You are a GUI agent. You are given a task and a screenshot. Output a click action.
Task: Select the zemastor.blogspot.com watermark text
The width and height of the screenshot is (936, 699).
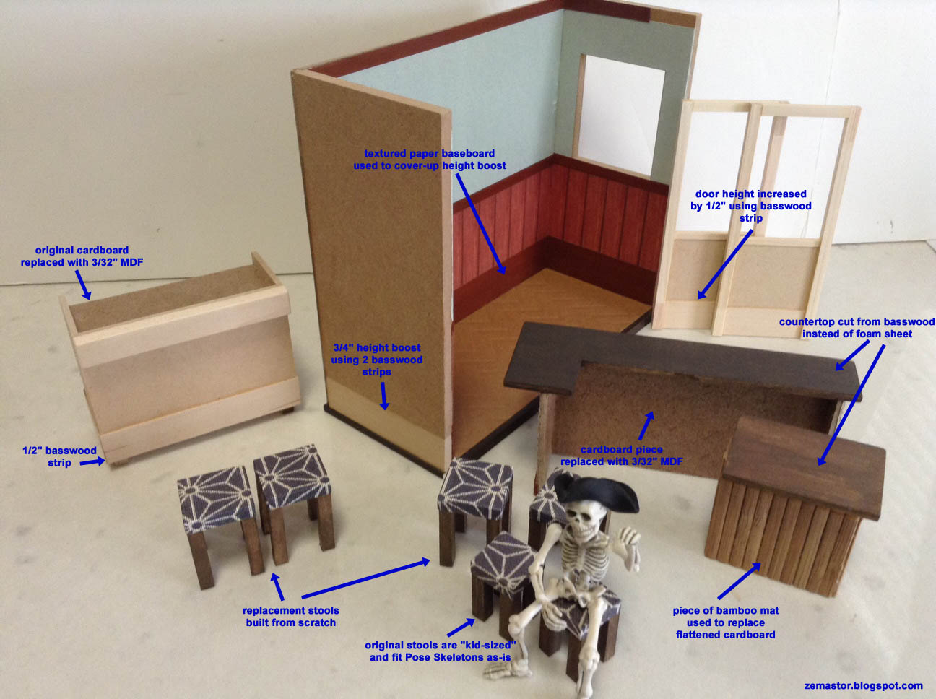click(863, 685)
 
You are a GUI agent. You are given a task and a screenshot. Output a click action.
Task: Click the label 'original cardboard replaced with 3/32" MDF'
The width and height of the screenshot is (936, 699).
click(82, 256)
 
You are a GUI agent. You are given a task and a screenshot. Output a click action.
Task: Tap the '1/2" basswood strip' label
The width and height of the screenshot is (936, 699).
click(59, 456)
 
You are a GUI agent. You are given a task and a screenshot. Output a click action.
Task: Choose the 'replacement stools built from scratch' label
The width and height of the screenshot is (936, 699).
click(291, 616)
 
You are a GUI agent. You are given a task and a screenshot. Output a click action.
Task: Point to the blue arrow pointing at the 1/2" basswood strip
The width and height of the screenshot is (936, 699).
click(92, 461)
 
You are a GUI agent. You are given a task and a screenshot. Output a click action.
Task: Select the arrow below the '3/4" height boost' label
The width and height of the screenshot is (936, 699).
click(383, 396)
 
